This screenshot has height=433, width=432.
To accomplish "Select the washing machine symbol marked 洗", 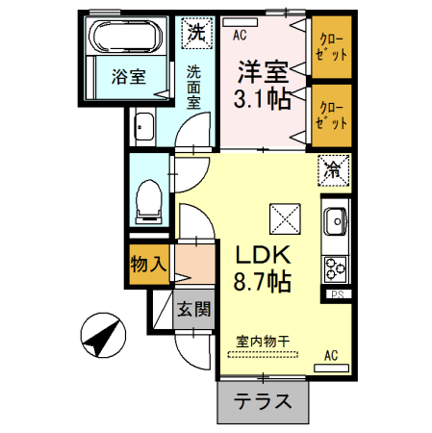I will [x=197, y=32].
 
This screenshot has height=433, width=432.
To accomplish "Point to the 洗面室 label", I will [x=194, y=84].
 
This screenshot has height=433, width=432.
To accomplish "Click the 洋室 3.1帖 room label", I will [x=262, y=85].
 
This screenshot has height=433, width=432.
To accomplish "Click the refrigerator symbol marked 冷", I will [x=332, y=170].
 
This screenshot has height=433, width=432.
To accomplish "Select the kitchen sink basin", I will [x=335, y=220].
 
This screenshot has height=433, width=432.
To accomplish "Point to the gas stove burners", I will [x=336, y=266].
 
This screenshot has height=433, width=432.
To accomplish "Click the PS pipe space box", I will [x=337, y=294].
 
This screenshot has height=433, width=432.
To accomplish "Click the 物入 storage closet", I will [x=149, y=263].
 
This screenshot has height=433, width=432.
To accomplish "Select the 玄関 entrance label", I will [x=193, y=309].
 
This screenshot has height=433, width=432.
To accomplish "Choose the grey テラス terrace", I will [x=265, y=402].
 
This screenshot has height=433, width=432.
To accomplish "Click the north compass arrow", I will [x=102, y=336].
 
